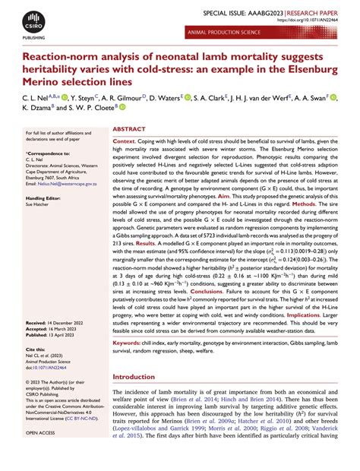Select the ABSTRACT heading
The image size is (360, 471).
coord(129,130)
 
